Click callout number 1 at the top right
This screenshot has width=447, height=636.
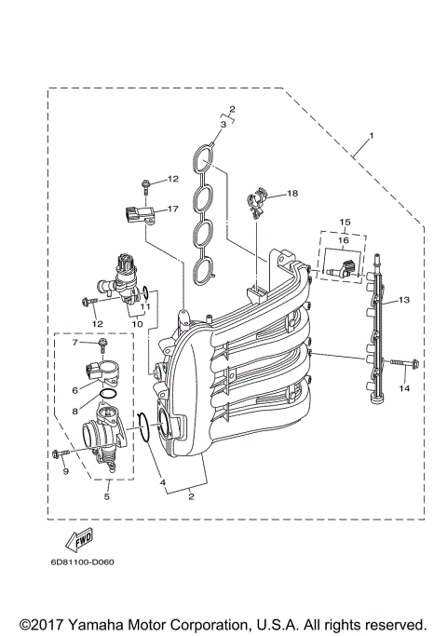(x=372, y=137)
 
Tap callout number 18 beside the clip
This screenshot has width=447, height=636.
(x=292, y=194)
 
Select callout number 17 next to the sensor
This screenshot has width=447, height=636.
(x=172, y=210)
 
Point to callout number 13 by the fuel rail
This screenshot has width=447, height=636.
(x=404, y=301)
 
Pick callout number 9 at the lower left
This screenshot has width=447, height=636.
(x=66, y=471)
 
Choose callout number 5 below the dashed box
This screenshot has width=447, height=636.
(x=107, y=497)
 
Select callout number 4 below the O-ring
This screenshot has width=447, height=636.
(x=162, y=483)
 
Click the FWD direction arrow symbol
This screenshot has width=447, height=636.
(x=76, y=539)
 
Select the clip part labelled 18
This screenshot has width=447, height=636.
(x=259, y=199)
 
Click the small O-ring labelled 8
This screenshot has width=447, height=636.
(x=108, y=395)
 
